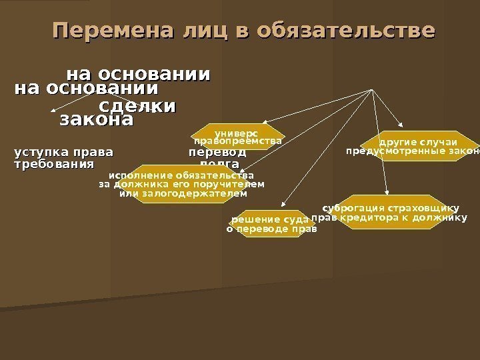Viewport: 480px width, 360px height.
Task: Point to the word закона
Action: pos(97,121)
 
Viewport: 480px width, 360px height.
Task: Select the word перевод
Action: pos(217,151)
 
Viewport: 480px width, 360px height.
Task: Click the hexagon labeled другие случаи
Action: pos(419,143)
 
